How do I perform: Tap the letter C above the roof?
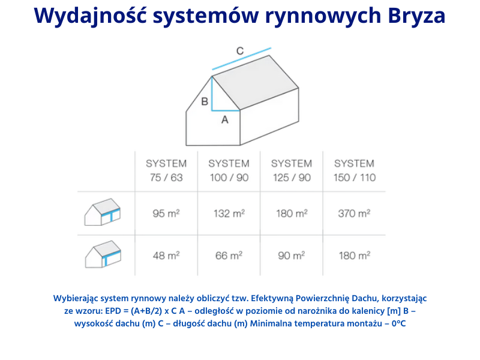pyautogui.click(x=239, y=51)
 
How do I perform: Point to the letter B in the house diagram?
pyautogui.click(x=205, y=101)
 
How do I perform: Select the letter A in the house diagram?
pyautogui.click(x=225, y=120)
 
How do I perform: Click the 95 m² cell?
pyautogui.click(x=166, y=213)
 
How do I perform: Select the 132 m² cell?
pyautogui.click(x=229, y=213)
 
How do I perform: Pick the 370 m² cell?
pyautogui.click(x=354, y=213)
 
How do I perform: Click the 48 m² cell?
pyautogui.click(x=166, y=255)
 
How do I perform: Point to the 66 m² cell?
pyautogui.click(x=229, y=255)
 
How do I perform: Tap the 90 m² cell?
pyautogui.click(x=292, y=255)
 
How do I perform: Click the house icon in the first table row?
pyautogui.click(x=103, y=212)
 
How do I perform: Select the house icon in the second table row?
pyautogui.click(x=103, y=254)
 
